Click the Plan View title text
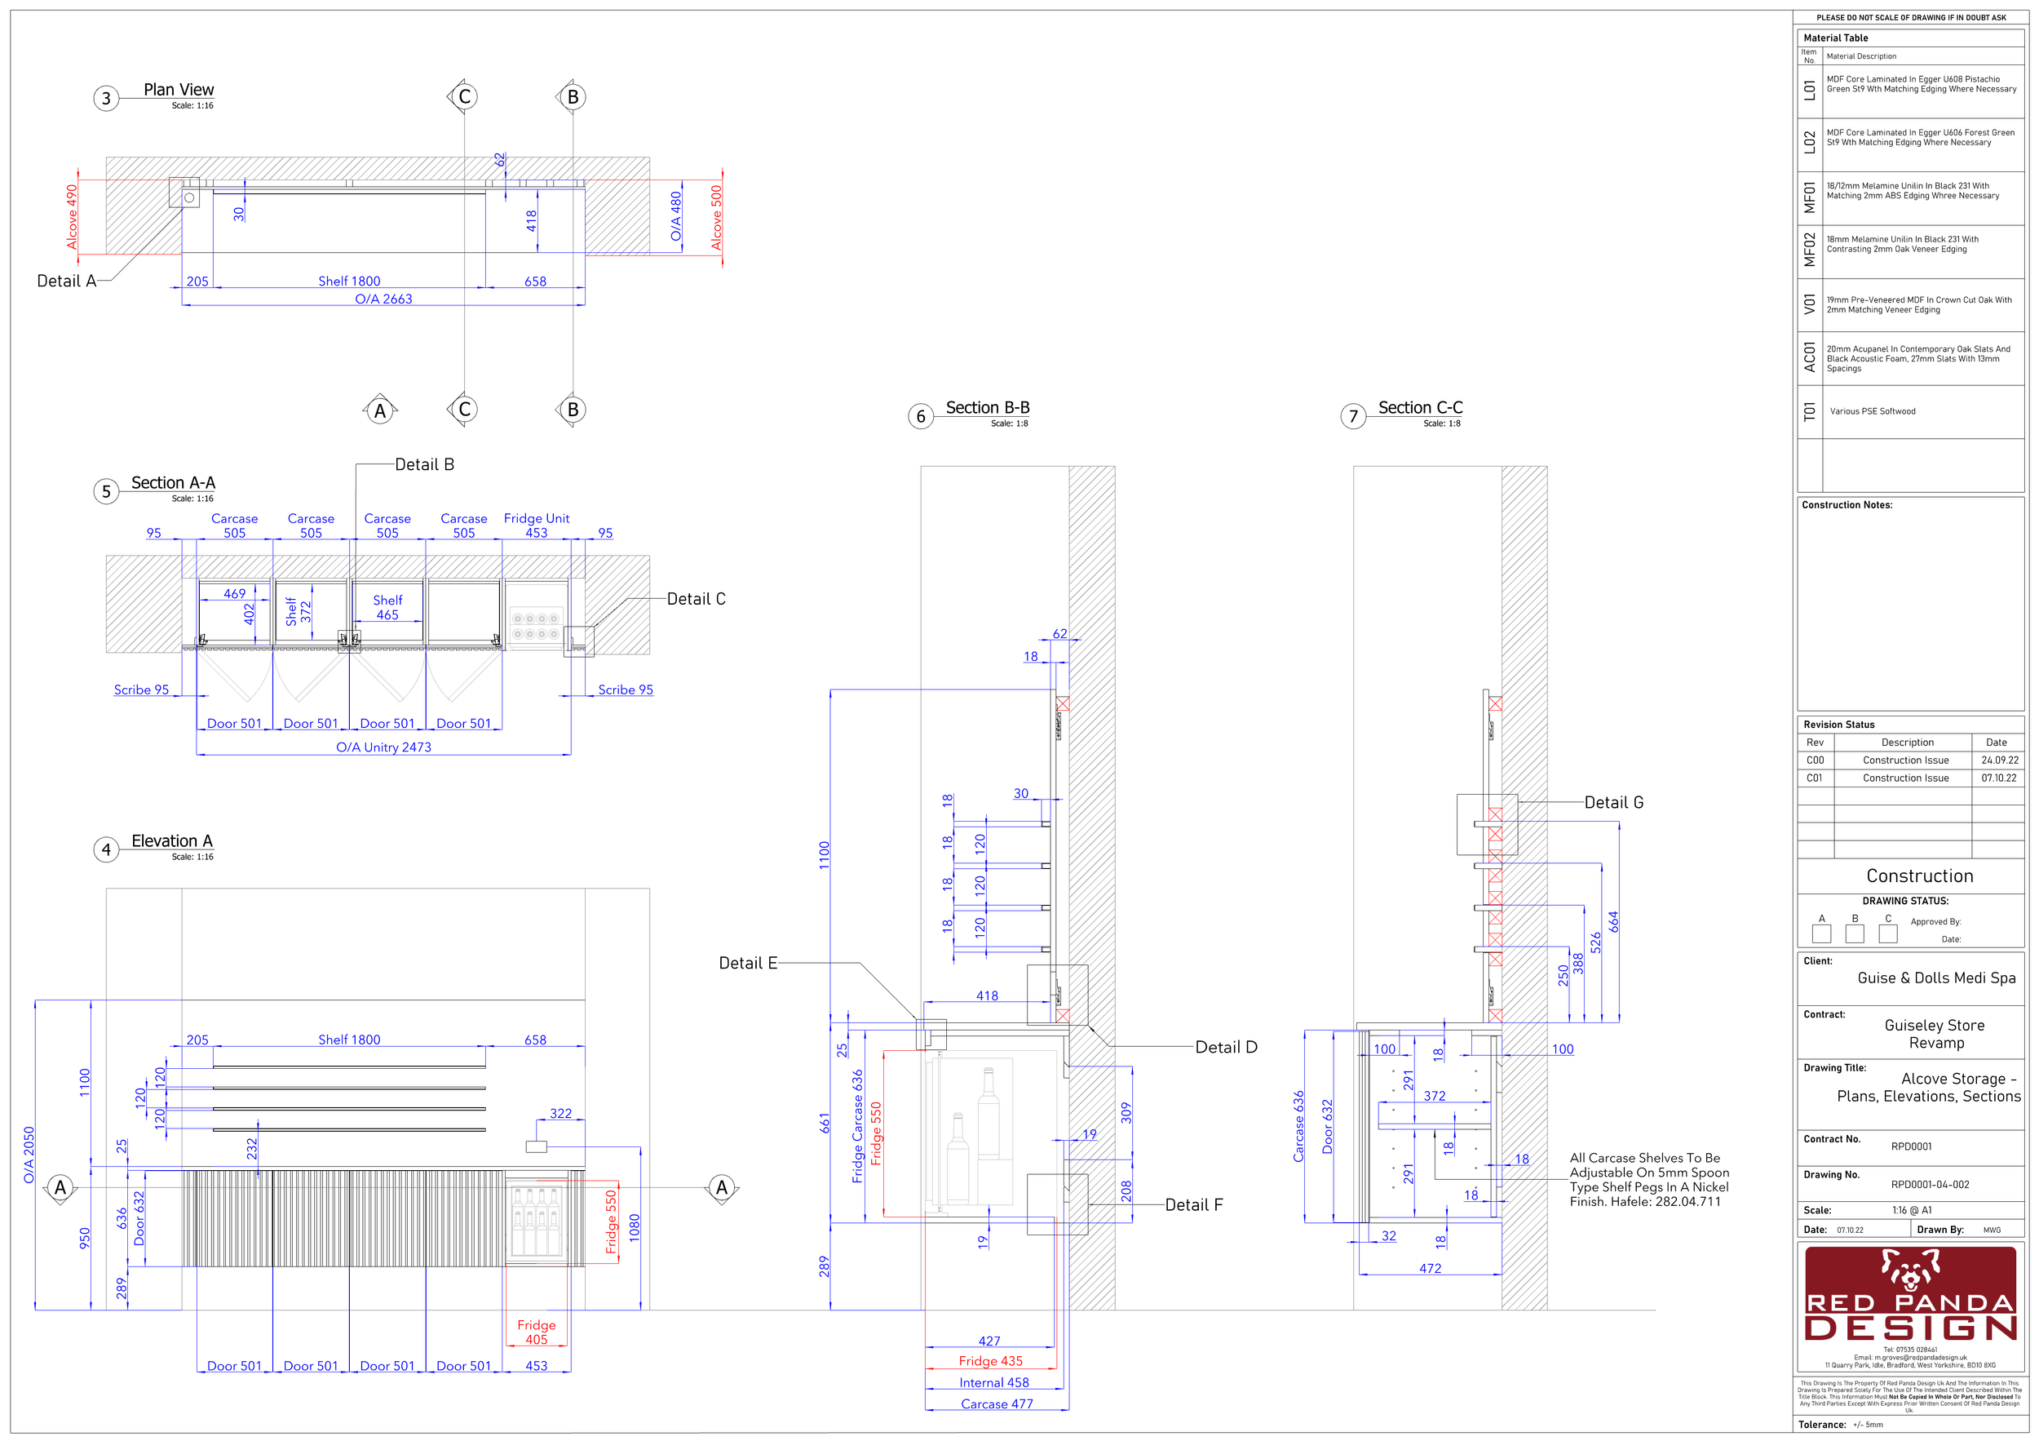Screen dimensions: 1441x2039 [x=179, y=90]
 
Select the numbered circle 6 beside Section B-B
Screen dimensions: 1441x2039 [x=921, y=417]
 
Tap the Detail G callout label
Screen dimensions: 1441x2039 [x=1613, y=803]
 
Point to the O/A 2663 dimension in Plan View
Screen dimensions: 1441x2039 [x=383, y=299]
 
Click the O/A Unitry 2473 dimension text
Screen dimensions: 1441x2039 [x=383, y=747]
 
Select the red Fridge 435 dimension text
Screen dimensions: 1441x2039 [x=990, y=1361]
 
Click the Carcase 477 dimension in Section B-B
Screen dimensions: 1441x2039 [x=997, y=1403]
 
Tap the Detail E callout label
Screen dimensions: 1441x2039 [x=748, y=964]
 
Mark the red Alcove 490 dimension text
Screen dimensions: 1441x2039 [x=72, y=217]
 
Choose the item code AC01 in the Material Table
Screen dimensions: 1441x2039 [x=1810, y=357]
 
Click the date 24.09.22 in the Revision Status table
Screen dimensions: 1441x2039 [x=2000, y=760]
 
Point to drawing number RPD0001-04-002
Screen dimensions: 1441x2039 [x=1930, y=1184]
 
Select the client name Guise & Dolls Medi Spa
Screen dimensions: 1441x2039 [x=1936, y=978]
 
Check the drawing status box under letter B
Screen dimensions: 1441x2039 [x=1855, y=933]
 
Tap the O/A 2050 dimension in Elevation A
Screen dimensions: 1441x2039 [x=29, y=1155]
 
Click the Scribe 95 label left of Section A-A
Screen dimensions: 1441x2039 [x=141, y=690]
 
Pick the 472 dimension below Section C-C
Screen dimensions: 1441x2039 [x=1430, y=1269]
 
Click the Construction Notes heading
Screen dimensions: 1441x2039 [x=1847, y=506]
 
